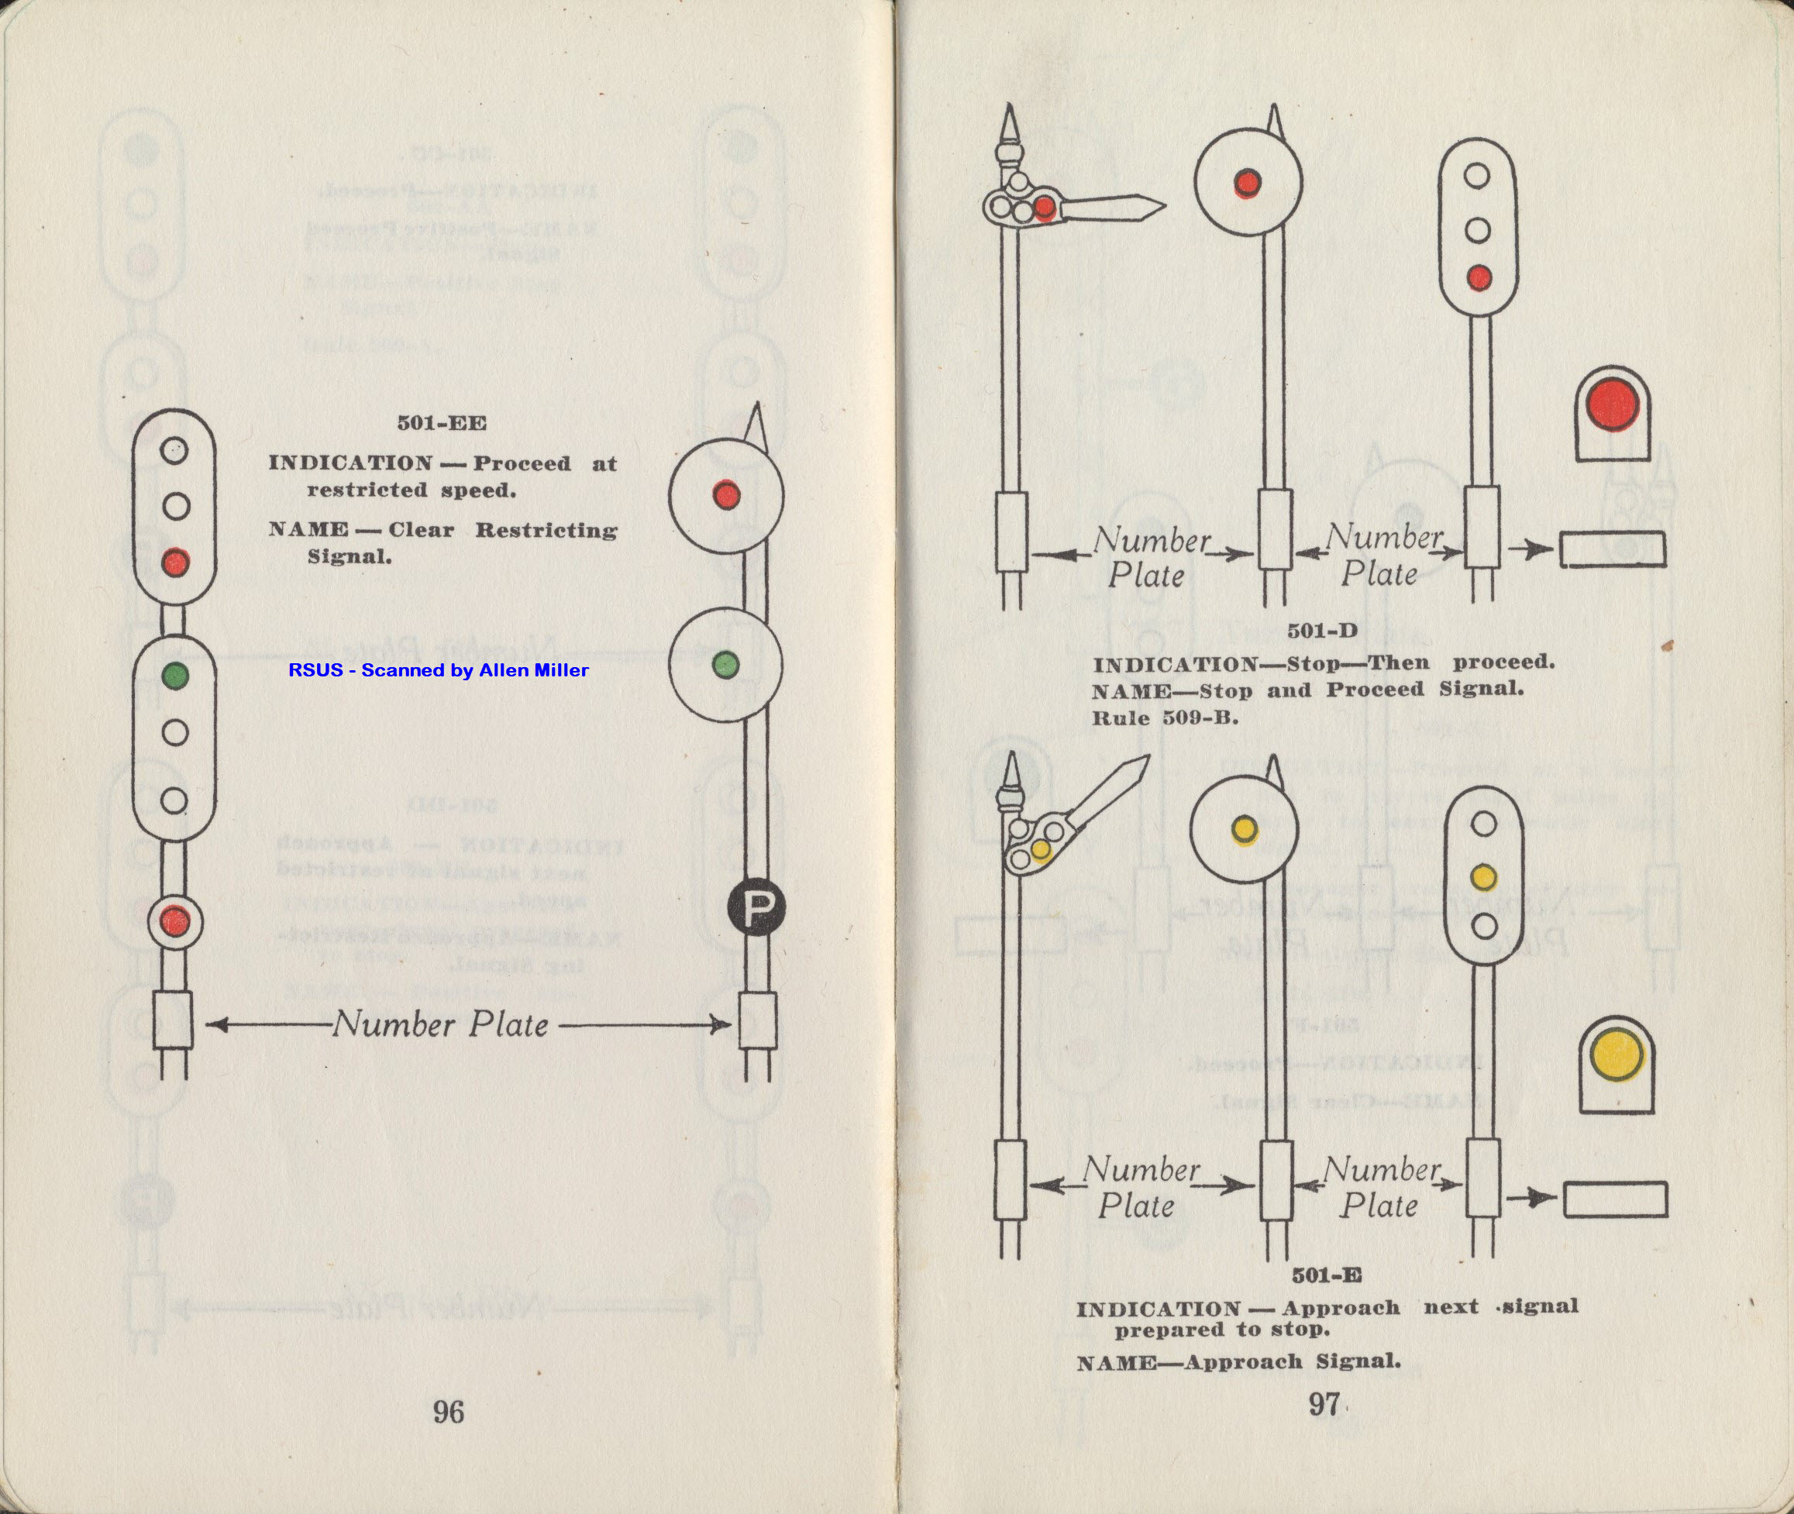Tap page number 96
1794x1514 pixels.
(448, 1411)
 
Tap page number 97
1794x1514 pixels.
(1324, 1404)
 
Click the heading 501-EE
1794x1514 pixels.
(441, 423)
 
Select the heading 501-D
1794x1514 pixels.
(1322, 631)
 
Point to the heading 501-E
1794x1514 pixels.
(1326, 1275)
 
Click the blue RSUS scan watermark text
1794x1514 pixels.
(439, 670)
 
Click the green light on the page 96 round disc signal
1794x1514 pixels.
(725, 663)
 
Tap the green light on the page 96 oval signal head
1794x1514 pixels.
(175, 675)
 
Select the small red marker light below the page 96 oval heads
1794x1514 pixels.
(175, 922)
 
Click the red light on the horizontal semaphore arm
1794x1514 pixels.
(1045, 206)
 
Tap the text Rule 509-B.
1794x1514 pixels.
(1165, 717)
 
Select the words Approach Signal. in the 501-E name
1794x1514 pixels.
(1292, 1361)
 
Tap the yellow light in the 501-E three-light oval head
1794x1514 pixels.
(1483, 877)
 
